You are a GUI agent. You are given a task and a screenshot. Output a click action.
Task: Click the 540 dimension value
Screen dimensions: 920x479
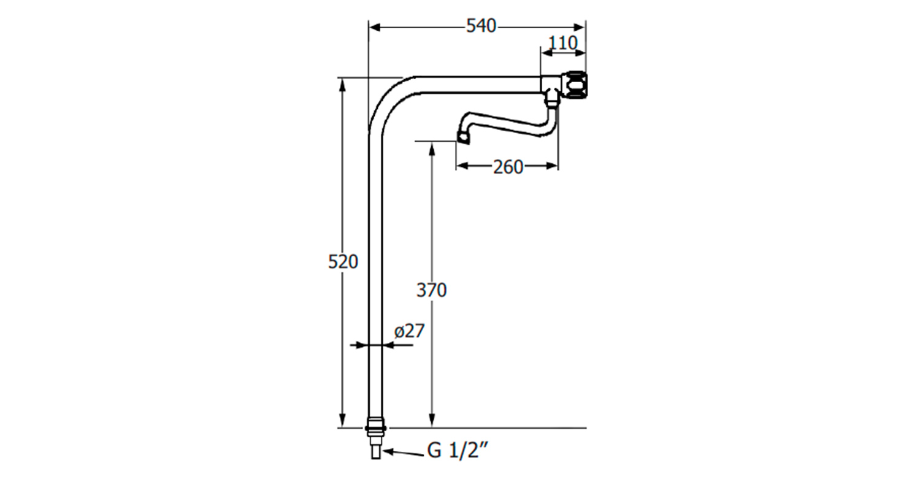click(481, 26)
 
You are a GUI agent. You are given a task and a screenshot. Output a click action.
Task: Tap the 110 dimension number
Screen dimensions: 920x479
click(563, 43)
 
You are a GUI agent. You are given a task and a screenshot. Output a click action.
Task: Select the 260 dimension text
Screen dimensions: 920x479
click(508, 167)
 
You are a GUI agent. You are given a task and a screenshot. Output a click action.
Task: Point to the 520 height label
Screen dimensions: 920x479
click(343, 262)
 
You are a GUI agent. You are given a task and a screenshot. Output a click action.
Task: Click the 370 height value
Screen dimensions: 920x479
click(431, 291)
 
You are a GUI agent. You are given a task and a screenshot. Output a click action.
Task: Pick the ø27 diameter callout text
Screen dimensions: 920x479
click(409, 331)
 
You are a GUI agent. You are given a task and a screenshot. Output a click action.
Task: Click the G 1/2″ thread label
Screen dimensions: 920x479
click(458, 450)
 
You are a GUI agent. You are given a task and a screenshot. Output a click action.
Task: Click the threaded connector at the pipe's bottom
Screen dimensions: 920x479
click(376, 437)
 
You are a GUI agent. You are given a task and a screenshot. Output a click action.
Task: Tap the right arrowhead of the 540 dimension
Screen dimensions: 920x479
click(579, 28)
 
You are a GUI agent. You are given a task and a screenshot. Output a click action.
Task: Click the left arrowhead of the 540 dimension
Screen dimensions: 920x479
click(375, 28)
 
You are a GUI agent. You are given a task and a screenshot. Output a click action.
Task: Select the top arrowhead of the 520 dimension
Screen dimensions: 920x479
click(342, 83)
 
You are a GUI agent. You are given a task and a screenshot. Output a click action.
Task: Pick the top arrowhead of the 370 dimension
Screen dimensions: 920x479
click(432, 148)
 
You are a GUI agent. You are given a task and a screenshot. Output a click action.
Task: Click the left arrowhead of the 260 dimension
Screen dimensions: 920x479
click(462, 166)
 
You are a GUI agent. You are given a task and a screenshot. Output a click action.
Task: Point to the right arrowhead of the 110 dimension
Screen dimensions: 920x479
click(580, 53)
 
